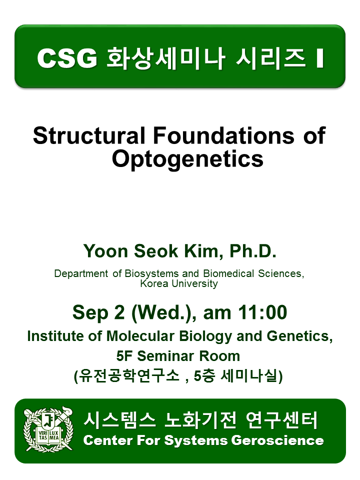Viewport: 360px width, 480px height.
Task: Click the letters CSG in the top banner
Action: click(x=67, y=58)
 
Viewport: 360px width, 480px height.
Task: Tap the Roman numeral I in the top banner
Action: click(x=319, y=58)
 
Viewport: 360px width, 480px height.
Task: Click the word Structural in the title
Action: click(x=89, y=135)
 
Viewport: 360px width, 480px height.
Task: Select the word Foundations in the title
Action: click(x=224, y=135)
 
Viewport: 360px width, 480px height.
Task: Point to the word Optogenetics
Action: click(x=187, y=159)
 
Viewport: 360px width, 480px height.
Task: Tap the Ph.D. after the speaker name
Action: click(x=253, y=251)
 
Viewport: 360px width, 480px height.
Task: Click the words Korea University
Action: click(x=179, y=283)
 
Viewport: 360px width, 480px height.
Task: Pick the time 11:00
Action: click(x=262, y=312)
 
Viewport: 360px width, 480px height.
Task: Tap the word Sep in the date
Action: click(x=90, y=313)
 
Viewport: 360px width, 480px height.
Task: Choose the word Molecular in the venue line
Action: click(x=140, y=336)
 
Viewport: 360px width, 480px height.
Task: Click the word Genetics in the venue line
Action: click(x=299, y=336)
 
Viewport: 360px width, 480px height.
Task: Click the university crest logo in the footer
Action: click(x=48, y=429)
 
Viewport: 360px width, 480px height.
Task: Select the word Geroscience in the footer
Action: click(x=277, y=440)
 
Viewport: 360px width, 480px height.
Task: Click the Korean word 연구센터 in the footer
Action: click(x=281, y=420)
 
